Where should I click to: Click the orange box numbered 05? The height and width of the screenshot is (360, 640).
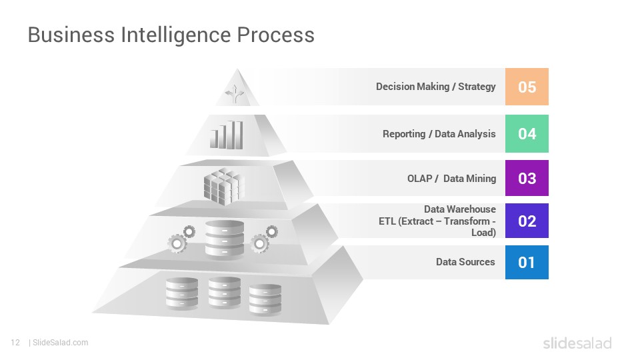coord(527,87)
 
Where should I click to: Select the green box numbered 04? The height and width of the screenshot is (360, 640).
coord(527,133)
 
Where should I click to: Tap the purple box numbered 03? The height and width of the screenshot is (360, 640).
coord(527,178)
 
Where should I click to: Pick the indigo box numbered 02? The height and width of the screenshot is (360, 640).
coord(527,221)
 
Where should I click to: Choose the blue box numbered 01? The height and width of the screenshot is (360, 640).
coord(527,263)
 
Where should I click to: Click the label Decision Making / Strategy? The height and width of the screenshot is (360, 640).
coord(435,87)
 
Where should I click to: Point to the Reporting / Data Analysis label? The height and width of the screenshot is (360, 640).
coord(439,134)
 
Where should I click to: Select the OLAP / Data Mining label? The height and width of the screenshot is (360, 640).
coord(451,179)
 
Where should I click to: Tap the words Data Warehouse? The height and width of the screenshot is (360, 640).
coord(459,209)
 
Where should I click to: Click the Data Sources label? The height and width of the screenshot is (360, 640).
coord(465,261)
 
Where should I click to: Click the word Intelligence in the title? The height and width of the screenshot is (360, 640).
coord(175,35)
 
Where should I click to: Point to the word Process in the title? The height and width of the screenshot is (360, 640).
coord(275,35)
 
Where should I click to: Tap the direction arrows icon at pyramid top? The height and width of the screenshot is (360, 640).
coord(235,94)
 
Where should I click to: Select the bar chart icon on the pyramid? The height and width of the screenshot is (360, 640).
coord(227,135)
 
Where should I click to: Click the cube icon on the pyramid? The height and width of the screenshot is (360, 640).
coord(224,187)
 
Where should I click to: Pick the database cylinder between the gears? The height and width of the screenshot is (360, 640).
coord(225,239)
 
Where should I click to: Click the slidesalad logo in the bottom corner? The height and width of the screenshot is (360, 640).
coord(577,343)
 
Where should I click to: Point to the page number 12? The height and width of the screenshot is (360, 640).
coord(15,343)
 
